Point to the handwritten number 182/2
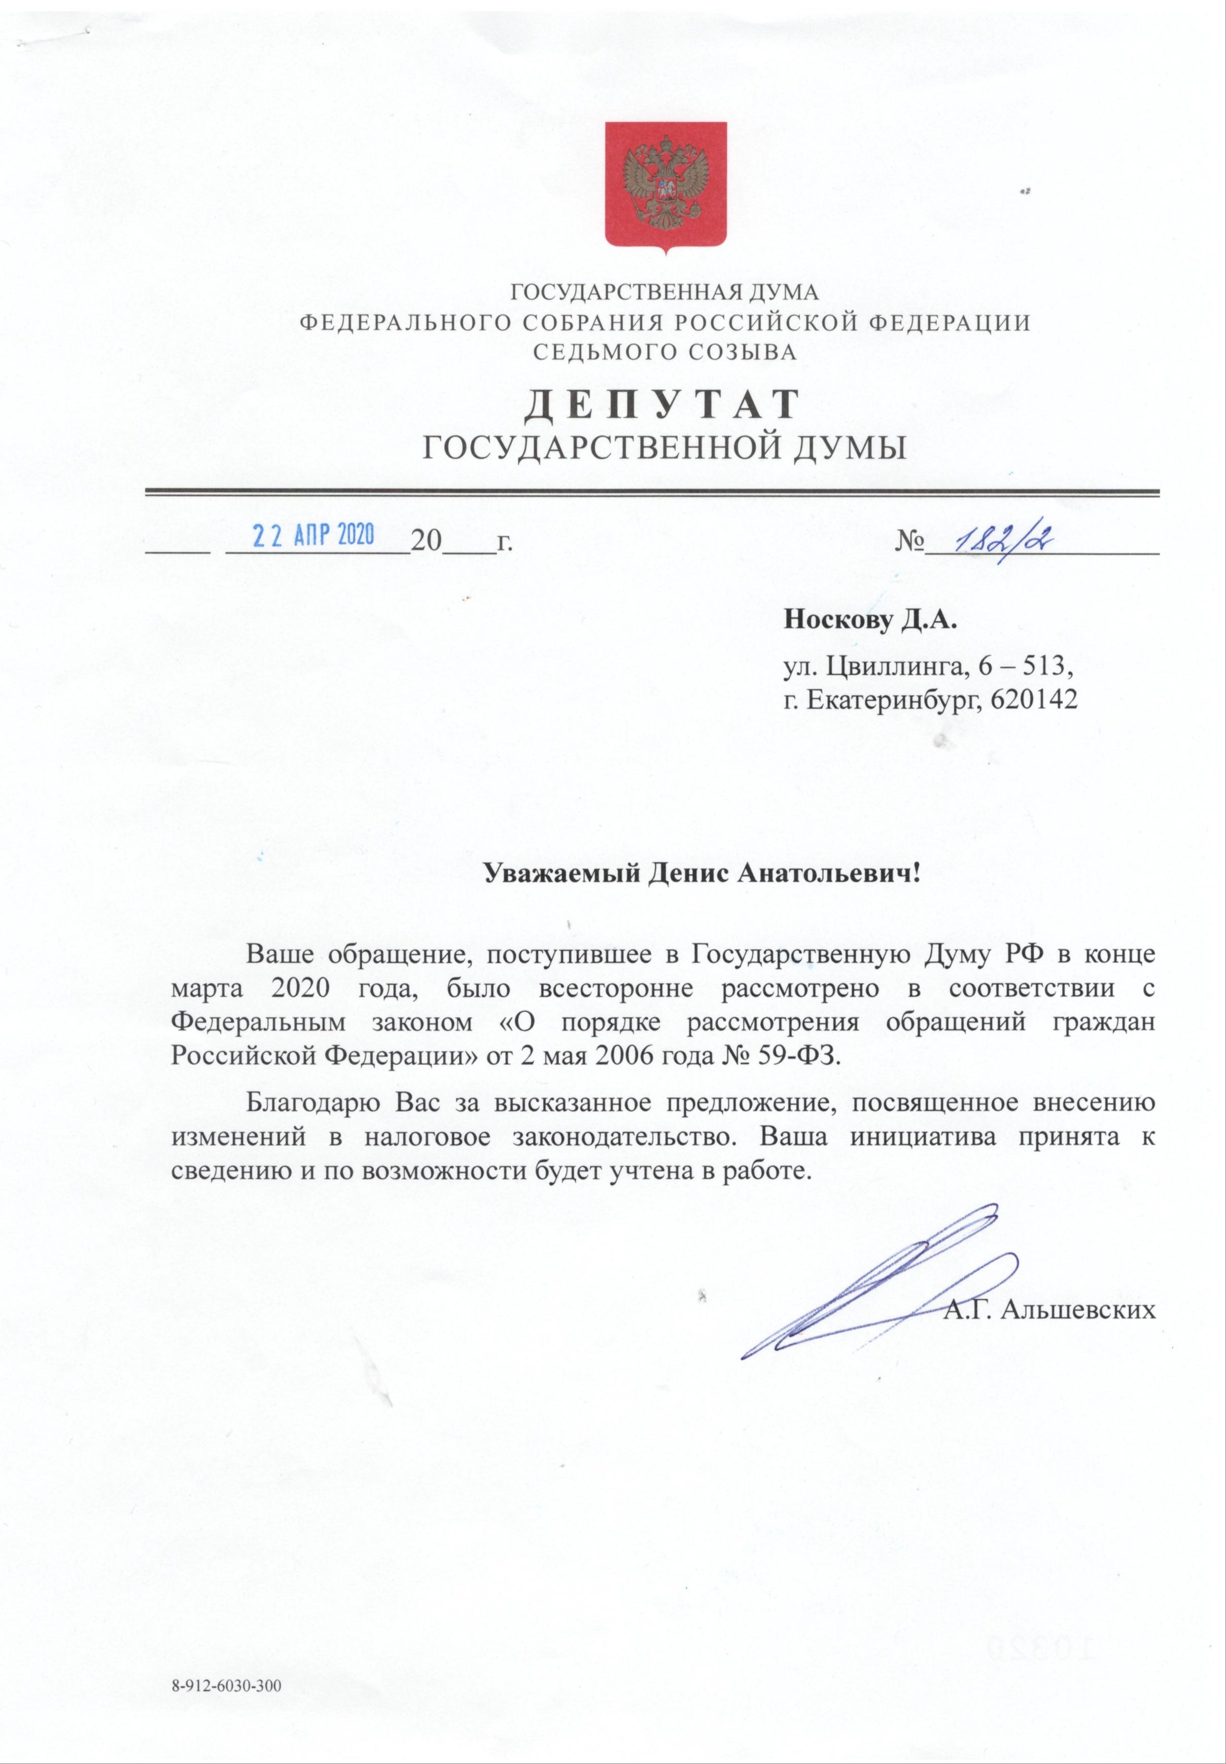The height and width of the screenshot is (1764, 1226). click(x=999, y=541)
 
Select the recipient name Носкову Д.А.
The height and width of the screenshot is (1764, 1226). click(x=871, y=618)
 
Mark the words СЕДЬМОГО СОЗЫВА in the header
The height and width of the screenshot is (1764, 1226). click(x=665, y=353)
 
